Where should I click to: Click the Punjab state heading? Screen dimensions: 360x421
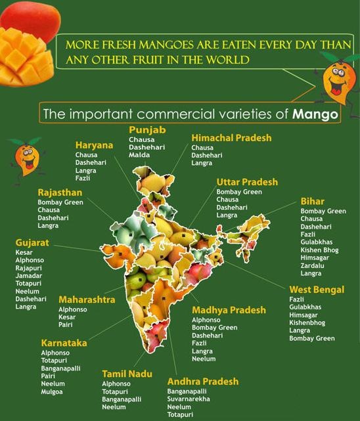pyautogui.click(x=147, y=129)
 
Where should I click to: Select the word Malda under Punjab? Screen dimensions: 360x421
pyautogui.click(x=139, y=155)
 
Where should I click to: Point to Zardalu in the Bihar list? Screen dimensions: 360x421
pyautogui.click(x=312, y=265)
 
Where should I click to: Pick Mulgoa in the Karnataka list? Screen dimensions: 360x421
pyautogui.click(x=51, y=391)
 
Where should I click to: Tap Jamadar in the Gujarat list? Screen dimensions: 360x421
pyautogui.click(x=28, y=276)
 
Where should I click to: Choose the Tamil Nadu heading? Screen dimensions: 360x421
pyautogui.click(x=127, y=374)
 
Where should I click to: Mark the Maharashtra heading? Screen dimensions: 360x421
pyautogui.click(x=87, y=299)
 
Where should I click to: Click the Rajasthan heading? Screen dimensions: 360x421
pyautogui.click(x=60, y=192)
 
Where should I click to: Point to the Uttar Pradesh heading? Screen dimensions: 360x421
pyautogui.click(x=247, y=182)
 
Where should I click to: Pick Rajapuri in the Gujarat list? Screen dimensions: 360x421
pyautogui.click(x=28, y=268)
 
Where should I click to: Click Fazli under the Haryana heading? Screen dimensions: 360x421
pyautogui.click(x=82, y=178)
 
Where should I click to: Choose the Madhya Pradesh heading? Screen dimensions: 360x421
pyautogui.click(x=229, y=310)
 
